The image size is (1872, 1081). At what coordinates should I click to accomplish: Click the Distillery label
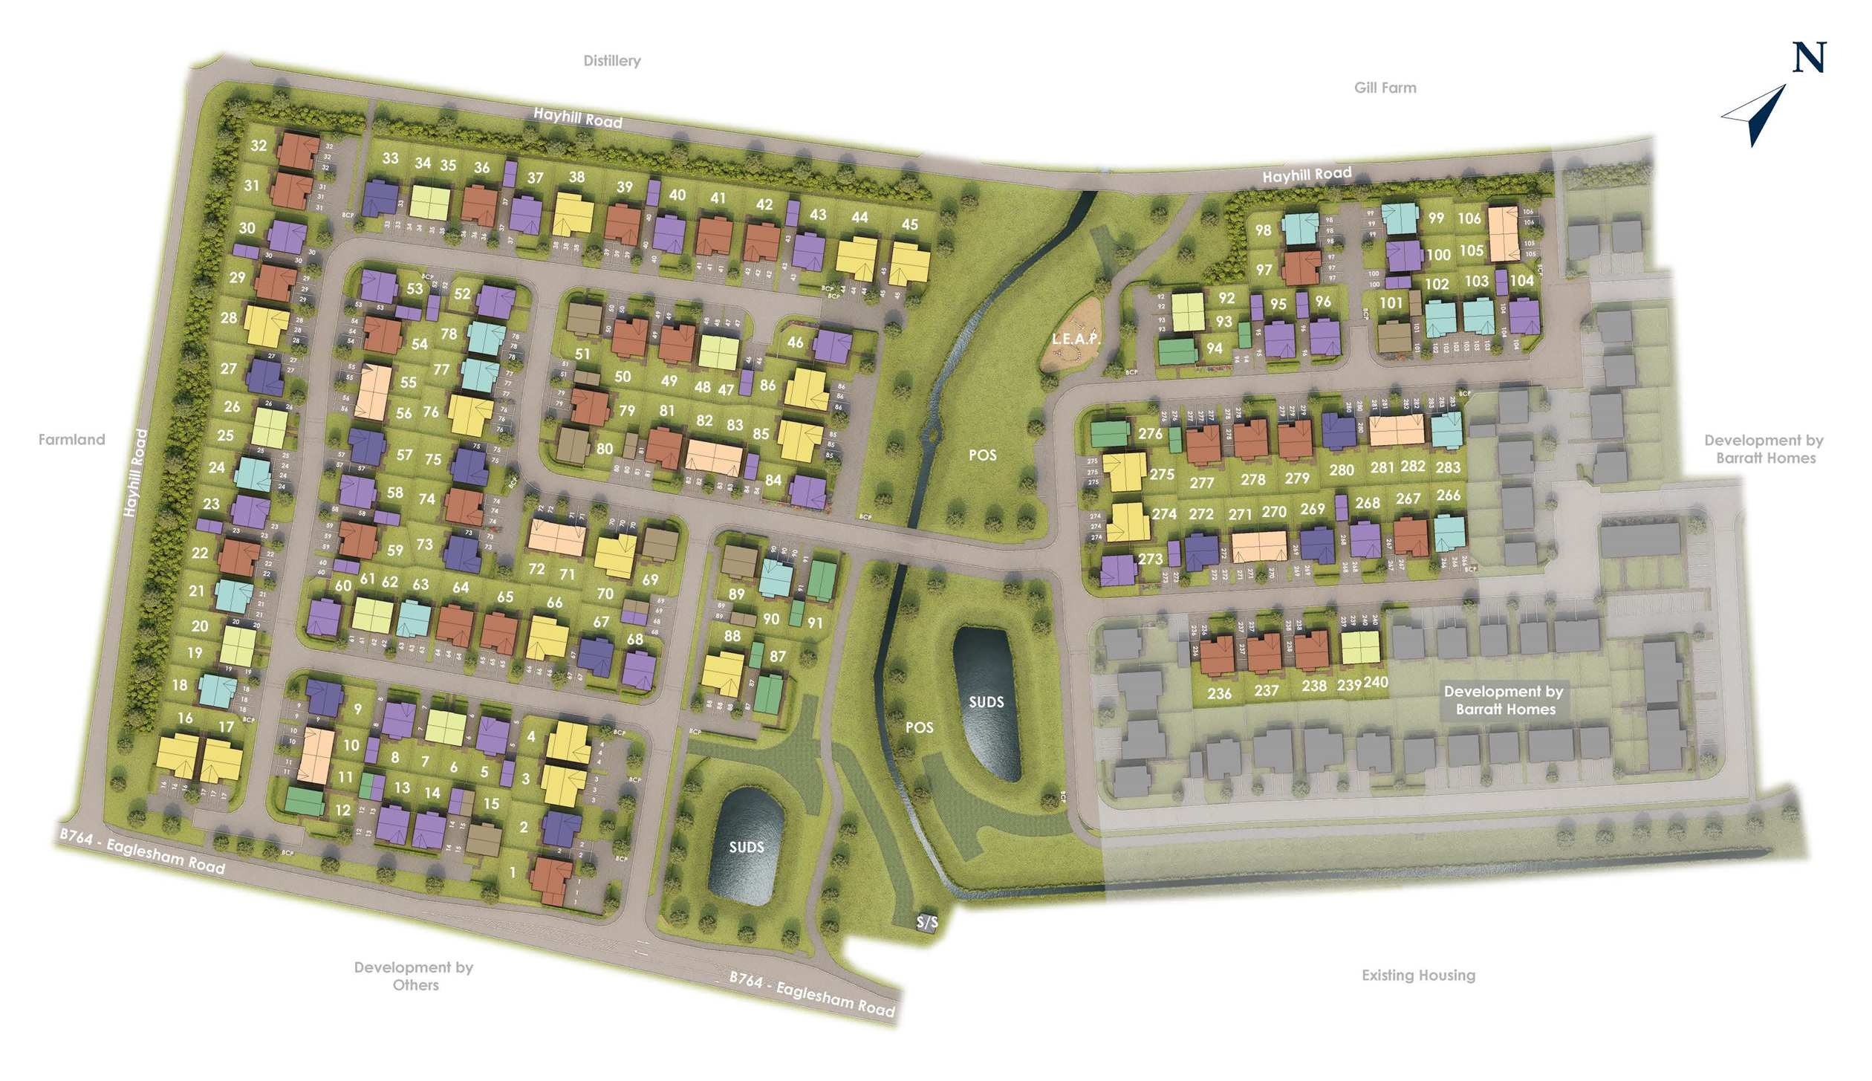[x=611, y=61]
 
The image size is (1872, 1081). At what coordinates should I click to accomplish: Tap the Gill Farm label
[x=1385, y=88]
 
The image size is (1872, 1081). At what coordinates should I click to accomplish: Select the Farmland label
[x=71, y=439]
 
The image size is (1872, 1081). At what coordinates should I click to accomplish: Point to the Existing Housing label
[x=1418, y=975]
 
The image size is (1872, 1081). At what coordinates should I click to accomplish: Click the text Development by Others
[x=414, y=976]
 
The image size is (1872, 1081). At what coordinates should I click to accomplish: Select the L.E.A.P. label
[x=1075, y=339]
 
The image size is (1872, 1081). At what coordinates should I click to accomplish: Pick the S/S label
[x=927, y=922]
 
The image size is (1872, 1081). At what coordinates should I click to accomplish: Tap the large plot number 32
[x=259, y=146]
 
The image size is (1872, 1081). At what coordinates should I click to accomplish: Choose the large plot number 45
[x=909, y=224]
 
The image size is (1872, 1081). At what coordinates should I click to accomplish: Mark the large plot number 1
[x=513, y=872]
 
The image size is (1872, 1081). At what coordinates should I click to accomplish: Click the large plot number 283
[x=1448, y=467]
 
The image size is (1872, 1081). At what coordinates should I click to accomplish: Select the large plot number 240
[x=1376, y=682]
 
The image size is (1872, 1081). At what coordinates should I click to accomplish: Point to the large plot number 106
[x=1469, y=218]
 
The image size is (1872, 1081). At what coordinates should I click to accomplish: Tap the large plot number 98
[x=1263, y=230]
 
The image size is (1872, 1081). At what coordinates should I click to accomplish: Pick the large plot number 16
[x=185, y=718]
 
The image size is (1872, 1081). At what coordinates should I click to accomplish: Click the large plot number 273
[x=1150, y=559]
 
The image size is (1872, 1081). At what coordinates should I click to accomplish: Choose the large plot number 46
[x=795, y=343]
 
